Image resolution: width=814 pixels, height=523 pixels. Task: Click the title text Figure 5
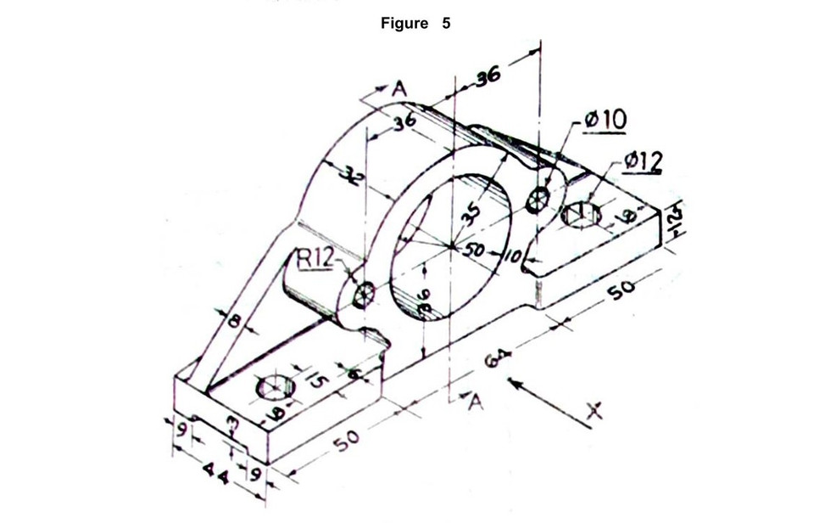(416, 24)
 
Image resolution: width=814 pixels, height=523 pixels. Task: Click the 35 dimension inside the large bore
(472, 206)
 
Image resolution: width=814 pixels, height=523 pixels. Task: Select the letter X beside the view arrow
(595, 414)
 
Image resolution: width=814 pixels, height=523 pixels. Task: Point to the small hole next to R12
(365, 294)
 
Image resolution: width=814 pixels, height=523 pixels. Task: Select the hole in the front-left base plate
(273, 388)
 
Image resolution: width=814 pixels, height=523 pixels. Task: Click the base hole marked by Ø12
(583, 212)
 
